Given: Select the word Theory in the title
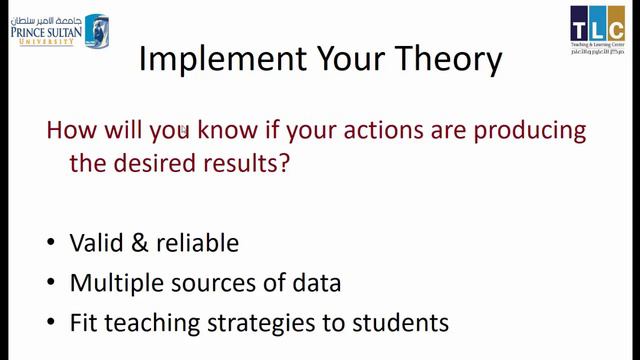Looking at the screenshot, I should pyautogui.click(x=445, y=60).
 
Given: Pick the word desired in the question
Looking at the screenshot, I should pyautogui.click(x=162, y=163).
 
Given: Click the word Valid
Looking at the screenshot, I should pyautogui.click(x=96, y=244).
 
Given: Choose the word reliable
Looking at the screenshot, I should pyautogui.click(x=196, y=244).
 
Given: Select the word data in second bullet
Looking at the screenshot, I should pyautogui.click(x=316, y=284).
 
